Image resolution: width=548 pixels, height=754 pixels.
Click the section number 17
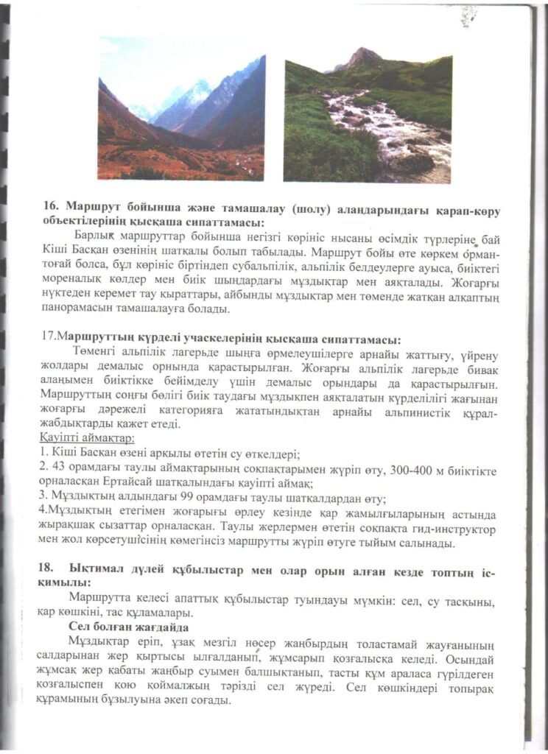click(49, 339)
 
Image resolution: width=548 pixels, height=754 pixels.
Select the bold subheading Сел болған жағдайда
click(127, 626)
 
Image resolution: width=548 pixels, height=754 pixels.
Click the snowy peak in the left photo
click(193, 92)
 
